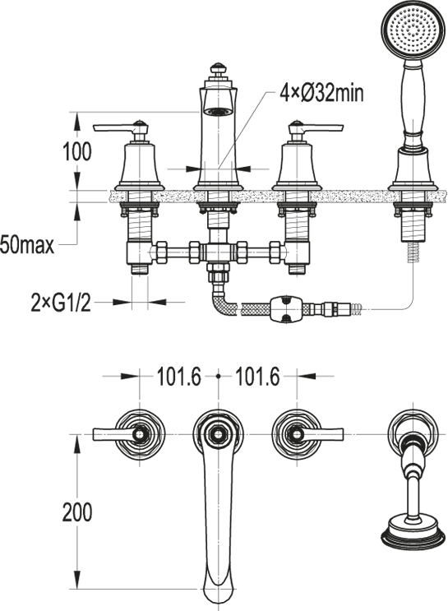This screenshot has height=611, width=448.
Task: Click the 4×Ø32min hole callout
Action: [321, 94]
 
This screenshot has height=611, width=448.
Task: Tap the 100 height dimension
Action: [77, 151]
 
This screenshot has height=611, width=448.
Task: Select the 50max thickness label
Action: [27, 246]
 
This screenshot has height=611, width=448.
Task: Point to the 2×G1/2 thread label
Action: [61, 302]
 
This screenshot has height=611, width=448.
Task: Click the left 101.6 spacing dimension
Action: [179, 377]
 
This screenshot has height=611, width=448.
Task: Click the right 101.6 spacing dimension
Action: [258, 377]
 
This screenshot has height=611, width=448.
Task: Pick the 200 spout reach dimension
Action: [77, 511]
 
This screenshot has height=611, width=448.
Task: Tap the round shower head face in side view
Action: [413, 30]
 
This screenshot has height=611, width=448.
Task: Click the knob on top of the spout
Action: [218, 68]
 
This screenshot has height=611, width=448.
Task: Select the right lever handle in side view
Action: [316, 127]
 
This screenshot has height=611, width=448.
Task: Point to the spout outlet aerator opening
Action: [218, 112]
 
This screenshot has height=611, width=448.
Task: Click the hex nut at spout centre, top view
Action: [218, 434]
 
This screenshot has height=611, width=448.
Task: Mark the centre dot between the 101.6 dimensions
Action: [218, 376]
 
